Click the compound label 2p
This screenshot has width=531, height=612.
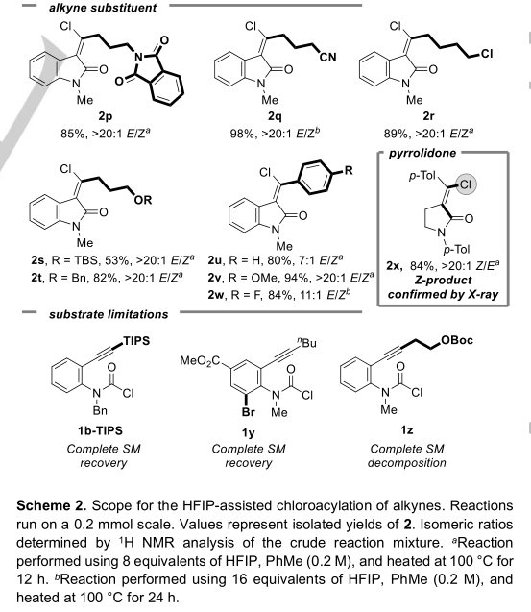[106, 116]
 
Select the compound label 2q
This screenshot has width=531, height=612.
[275, 116]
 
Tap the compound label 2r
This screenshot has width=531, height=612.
[428, 116]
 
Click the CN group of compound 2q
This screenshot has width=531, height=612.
[327, 58]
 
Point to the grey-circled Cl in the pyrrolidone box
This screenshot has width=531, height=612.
[465, 184]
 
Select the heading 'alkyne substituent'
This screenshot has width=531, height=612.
[103, 8]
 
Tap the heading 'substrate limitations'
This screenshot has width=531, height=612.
[109, 314]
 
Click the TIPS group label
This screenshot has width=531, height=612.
[136, 341]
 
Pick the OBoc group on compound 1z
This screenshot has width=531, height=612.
[457, 340]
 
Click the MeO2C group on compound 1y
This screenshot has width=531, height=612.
[200, 361]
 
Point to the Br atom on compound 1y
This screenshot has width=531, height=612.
[248, 412]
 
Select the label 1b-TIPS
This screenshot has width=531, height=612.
[100, 430]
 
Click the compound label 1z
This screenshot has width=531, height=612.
[406, 430]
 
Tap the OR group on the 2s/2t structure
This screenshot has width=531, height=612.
[142, 200]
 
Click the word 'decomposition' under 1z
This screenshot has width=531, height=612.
[406, 463]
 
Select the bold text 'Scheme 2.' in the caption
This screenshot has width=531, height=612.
[52, 505]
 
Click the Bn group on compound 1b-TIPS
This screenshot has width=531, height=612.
[100, 411]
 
